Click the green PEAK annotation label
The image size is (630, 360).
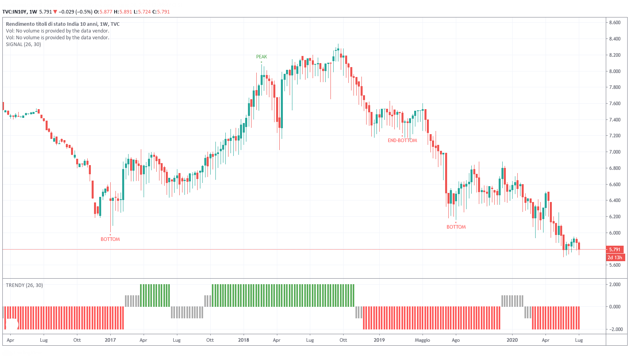point(261,57)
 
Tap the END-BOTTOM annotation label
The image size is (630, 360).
point(402,141)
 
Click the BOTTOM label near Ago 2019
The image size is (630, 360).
point(456,227)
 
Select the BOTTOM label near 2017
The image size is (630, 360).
point(110,239)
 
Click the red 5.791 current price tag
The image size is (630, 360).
point(615,250)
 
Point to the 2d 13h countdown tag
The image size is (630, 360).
point(615,258)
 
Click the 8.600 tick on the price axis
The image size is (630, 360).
point(615,23)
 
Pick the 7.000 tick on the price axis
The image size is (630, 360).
point(615,152)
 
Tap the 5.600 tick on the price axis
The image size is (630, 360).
point(615,265)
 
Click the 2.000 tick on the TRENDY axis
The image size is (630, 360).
point(615,285)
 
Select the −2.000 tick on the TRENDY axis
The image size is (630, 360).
point(615,329)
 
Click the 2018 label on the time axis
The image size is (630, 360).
point(244,340)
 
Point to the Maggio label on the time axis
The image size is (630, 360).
point(422,340)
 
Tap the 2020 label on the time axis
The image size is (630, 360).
point(512,340)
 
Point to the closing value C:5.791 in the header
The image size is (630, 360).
point(161,12)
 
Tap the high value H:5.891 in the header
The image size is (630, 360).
point(123,12)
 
